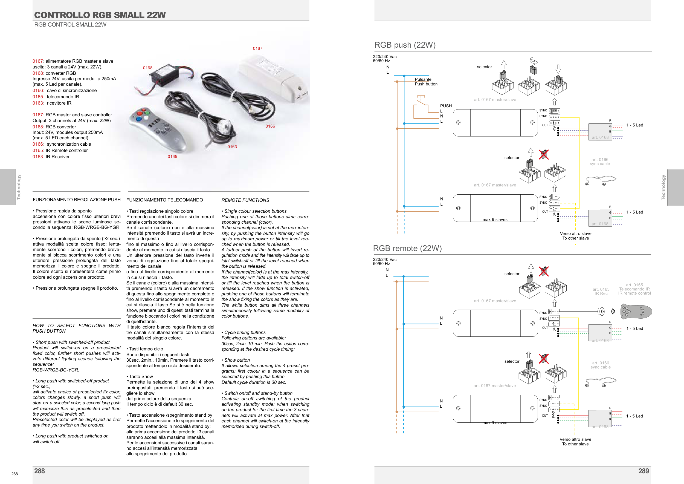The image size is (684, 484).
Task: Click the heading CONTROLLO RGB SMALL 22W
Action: [100, 15]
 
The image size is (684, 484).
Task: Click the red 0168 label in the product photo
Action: [147, 68]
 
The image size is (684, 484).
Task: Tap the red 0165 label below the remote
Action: [172, 157]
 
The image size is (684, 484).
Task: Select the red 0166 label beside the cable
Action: [270, 126]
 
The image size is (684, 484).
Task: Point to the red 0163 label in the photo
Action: [232, 147]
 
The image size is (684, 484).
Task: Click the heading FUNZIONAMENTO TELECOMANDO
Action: [164, 200]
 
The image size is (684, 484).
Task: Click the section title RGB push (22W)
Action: [405, 45]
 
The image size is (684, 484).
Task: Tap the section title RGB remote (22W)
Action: [407, 248]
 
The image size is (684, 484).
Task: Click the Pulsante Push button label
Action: [426, 82]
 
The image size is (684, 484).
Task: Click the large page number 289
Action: [644, 471]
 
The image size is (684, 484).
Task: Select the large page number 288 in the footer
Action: [40, 471]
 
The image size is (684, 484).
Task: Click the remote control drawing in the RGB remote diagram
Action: [636, 312]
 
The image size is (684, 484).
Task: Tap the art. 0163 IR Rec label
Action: [601, 291]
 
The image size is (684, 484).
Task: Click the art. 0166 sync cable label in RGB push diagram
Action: [600, 162]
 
